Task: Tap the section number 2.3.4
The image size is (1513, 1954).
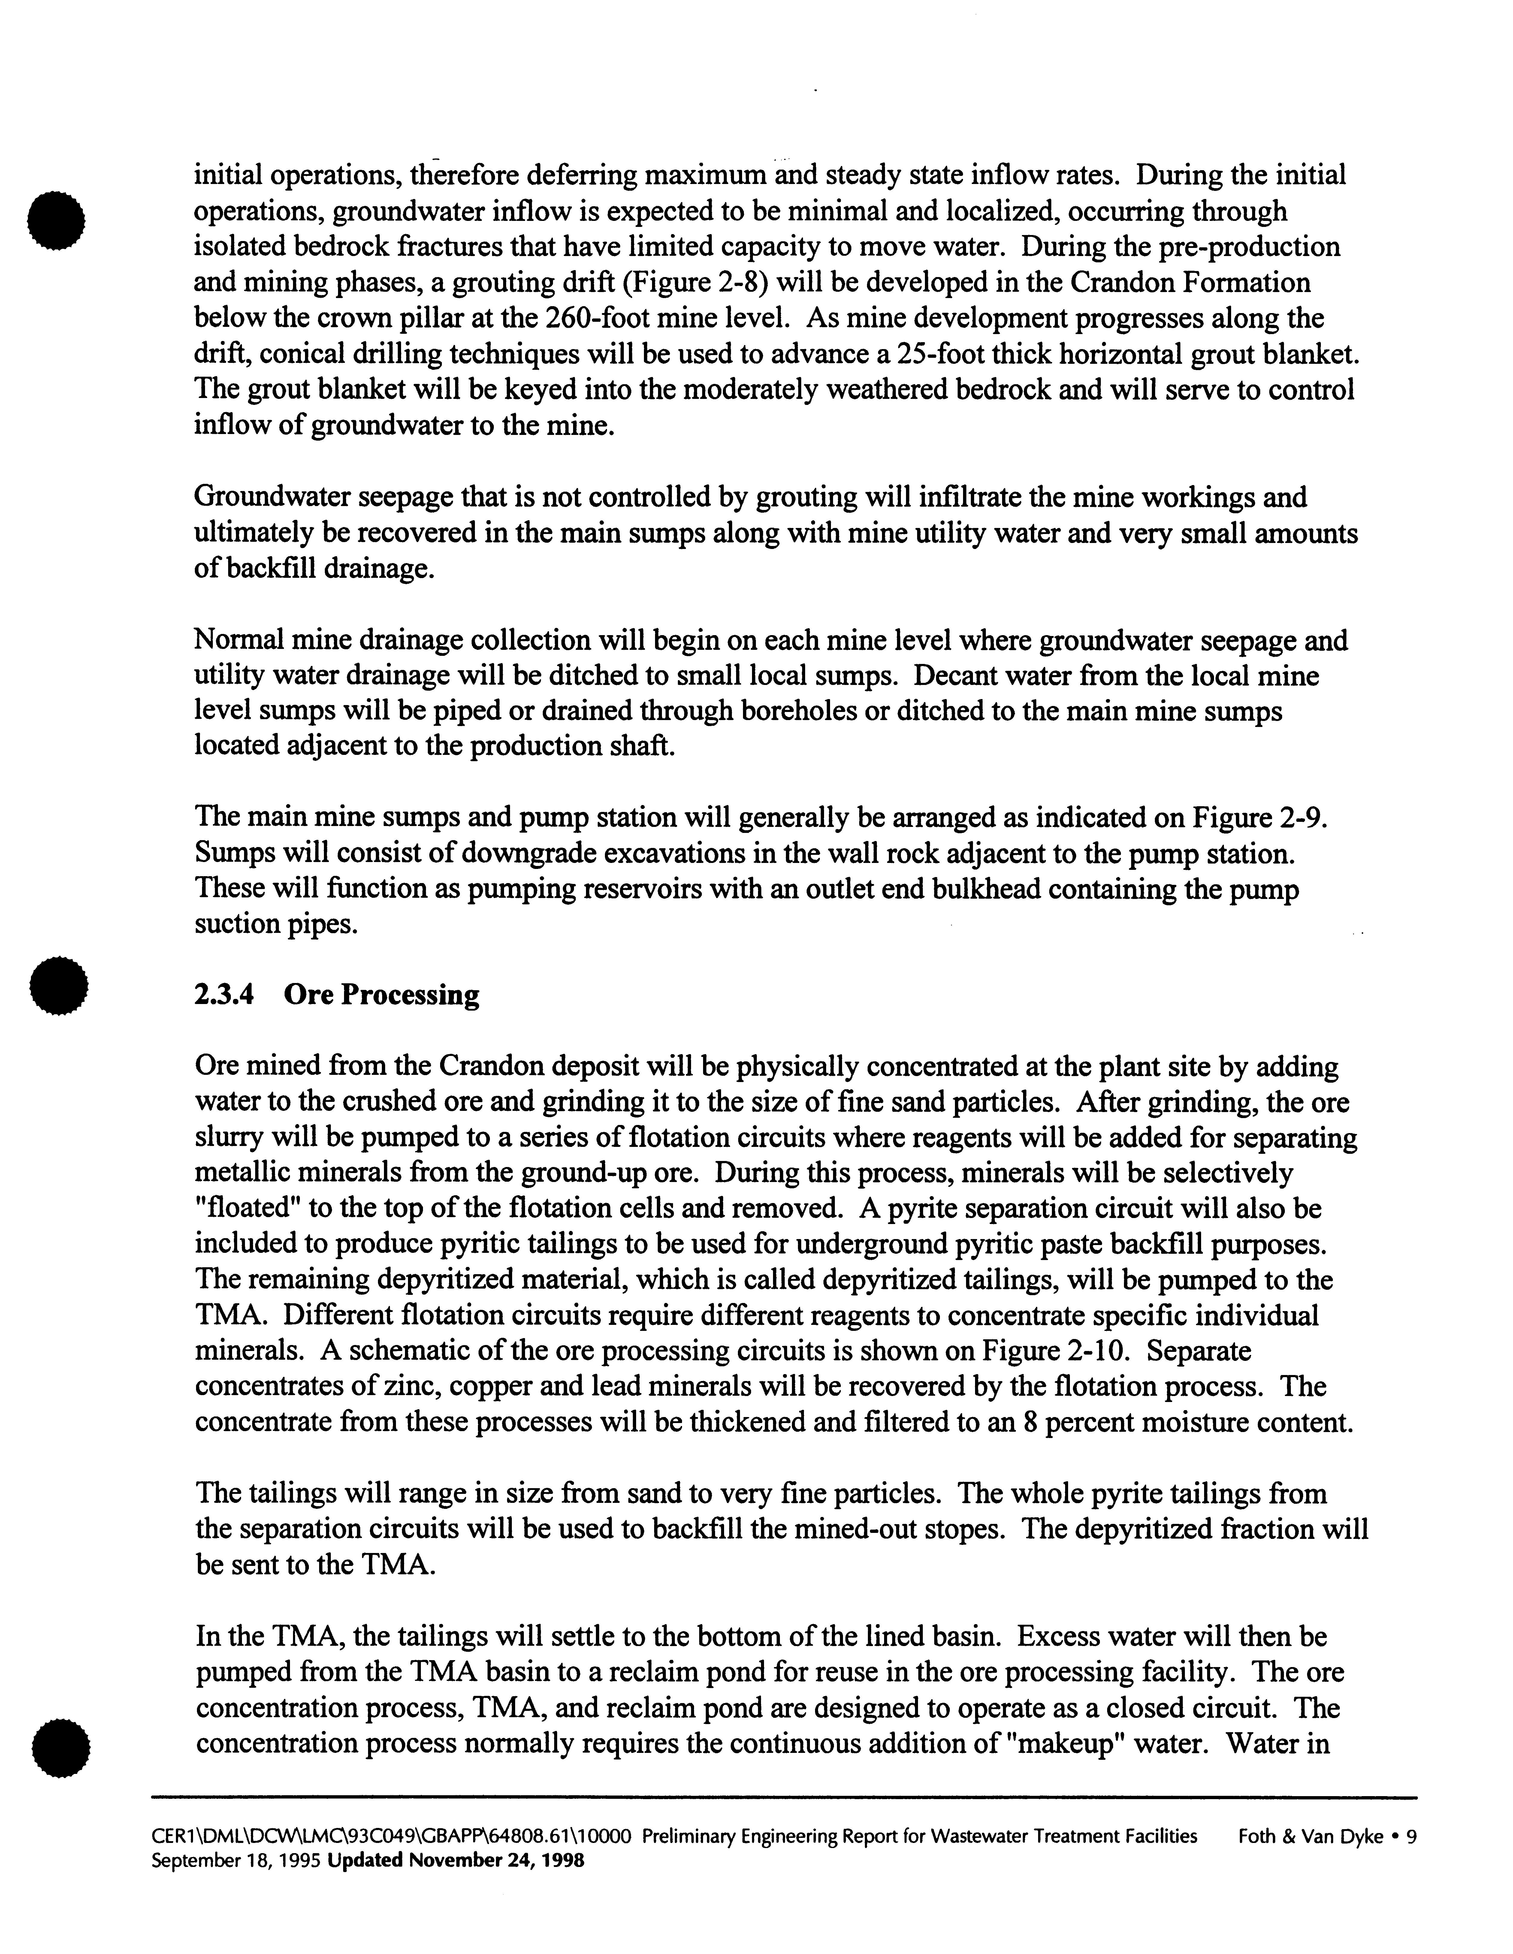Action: click(224, 995)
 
